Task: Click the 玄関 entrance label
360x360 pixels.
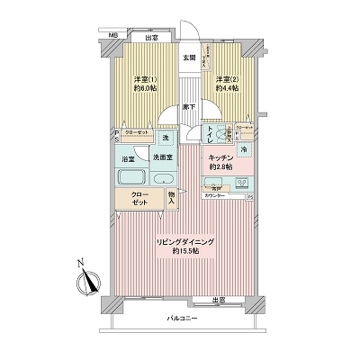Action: point(189,58)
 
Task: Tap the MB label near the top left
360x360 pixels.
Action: point(113,36)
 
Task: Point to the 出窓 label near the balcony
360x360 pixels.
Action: point(219,300)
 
